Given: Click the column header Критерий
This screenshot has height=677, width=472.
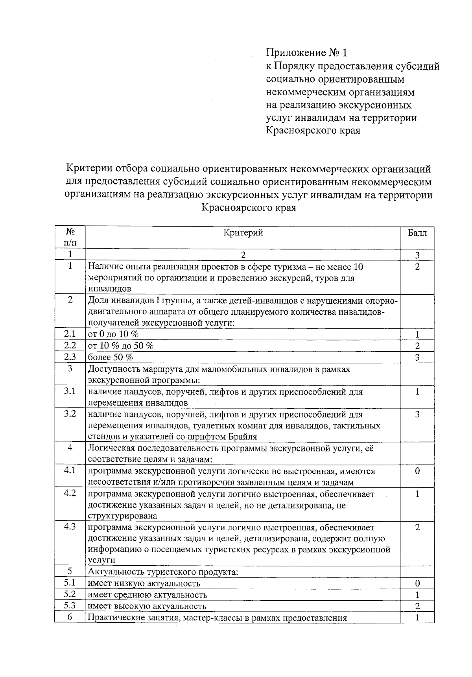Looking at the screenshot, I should pyautogui.click(x=243, y=233).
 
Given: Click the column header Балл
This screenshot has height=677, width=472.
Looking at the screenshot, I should pyautogui.click(x=417, y=233).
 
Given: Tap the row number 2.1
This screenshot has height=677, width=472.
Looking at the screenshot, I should pyautogui.click(x=70, y=334).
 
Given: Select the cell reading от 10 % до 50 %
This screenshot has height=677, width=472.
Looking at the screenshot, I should pyautogui.click(x=121, y=345).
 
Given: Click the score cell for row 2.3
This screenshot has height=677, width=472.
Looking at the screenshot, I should pyautogui.click(x=417, y=357).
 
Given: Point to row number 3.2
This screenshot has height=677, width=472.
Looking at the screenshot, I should pyautogui.click(x=70, y=414).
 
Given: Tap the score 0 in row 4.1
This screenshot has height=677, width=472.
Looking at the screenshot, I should pyautogui.click(x=417, y=471).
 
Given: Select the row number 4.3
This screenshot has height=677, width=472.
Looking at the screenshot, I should pyautogui.click(x=70, y=527).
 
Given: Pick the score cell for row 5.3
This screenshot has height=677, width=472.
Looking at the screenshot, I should pyautogui.click(x=417, y=606).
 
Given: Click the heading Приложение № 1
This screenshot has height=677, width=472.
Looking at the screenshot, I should pyautogui.click(x=307, y=53).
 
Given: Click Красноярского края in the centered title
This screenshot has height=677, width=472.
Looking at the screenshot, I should pyautogui.click(x=249, y=207).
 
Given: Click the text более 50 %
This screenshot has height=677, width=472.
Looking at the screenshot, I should pyautogui.click(x=111, y=357).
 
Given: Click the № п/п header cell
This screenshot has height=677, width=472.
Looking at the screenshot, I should pyautogui.click(x=70, y=237).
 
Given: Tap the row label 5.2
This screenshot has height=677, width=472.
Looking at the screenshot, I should pyautogui.click(x=70, y=594).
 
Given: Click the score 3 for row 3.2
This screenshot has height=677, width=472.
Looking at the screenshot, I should pyautogui.click(x=417, y=414).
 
